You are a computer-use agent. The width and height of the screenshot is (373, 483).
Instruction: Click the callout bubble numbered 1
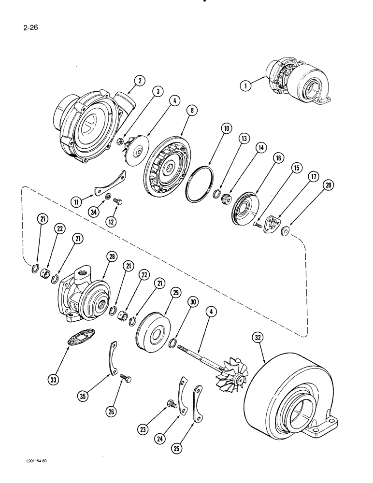coord(245,86)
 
